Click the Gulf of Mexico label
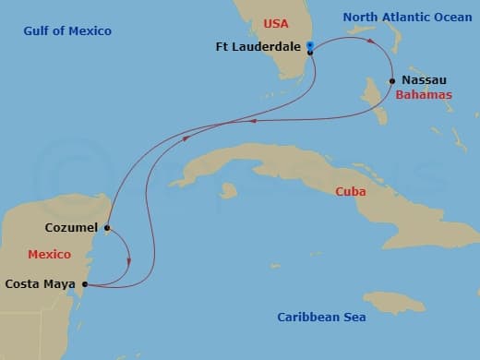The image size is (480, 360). (68, 31)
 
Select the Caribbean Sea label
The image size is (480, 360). (321, 318)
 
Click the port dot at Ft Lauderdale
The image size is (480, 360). (310, 54)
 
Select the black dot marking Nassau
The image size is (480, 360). (392, 80)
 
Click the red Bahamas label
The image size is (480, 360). (422, 95)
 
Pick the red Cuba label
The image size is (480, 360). (350, 191)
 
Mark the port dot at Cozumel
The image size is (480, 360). (108, 227)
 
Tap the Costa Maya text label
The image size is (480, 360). (41, 284)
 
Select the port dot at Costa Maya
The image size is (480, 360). (85, 284)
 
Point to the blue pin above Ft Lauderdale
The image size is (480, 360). (310, 45)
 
